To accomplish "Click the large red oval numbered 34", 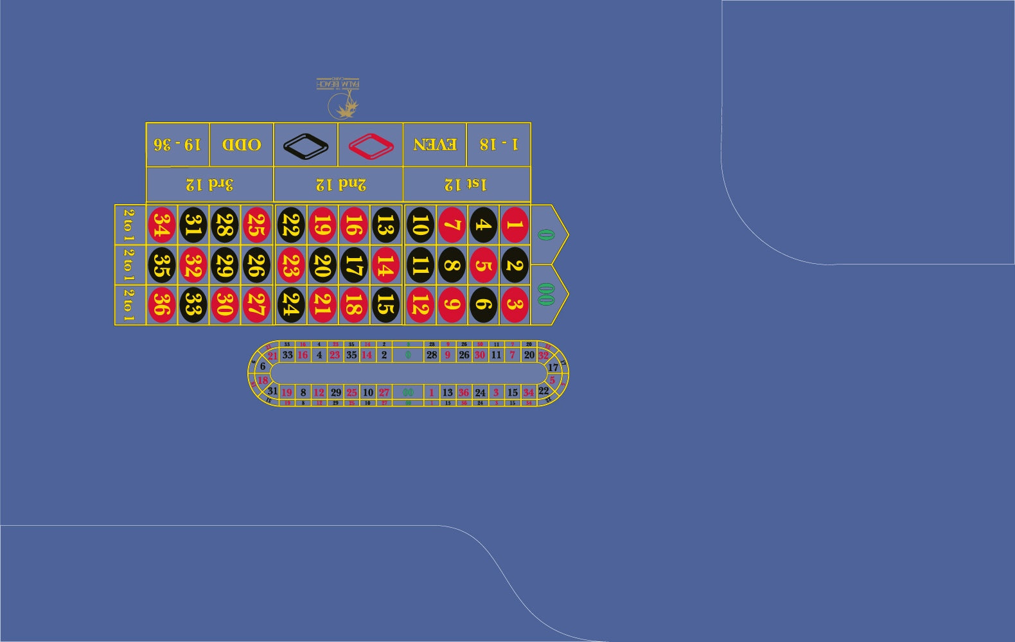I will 162,225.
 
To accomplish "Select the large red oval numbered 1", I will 515,225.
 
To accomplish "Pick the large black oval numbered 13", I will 385,225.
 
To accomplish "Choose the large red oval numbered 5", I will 483,265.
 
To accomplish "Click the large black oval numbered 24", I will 290,305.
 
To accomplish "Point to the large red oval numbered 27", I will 256,305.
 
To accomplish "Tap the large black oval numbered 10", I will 420,225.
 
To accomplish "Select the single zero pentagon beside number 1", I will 548,234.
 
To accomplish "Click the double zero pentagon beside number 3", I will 548,295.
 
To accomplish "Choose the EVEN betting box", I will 435,144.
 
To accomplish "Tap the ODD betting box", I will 242,144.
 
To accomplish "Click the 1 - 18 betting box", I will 499,144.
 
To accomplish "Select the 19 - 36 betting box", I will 177,144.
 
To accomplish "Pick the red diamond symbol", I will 371,146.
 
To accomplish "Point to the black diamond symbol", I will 306,146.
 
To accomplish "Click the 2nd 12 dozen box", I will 339,185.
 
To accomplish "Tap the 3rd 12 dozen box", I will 209,185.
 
